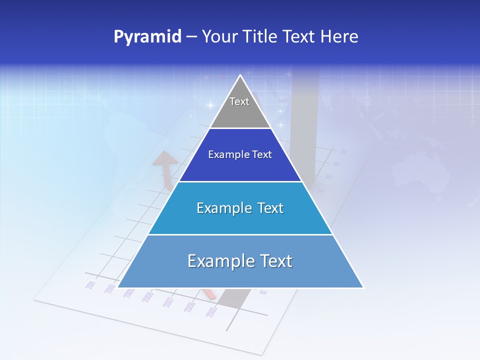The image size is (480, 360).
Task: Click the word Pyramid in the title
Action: tap(147, 37)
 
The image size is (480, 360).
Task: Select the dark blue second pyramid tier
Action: tap(240, 155)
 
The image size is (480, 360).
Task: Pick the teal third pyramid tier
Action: tap(240, 208)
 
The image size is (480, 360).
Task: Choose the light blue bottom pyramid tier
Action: tap(240, 261)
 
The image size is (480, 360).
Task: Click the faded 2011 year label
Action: tap(90, 285)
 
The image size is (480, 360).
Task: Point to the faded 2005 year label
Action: tap(211, 312)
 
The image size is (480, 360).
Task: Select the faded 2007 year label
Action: tap(168, 302)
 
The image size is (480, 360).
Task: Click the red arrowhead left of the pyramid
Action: tap(164, 160)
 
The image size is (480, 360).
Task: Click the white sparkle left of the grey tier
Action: tap(210, 105)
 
